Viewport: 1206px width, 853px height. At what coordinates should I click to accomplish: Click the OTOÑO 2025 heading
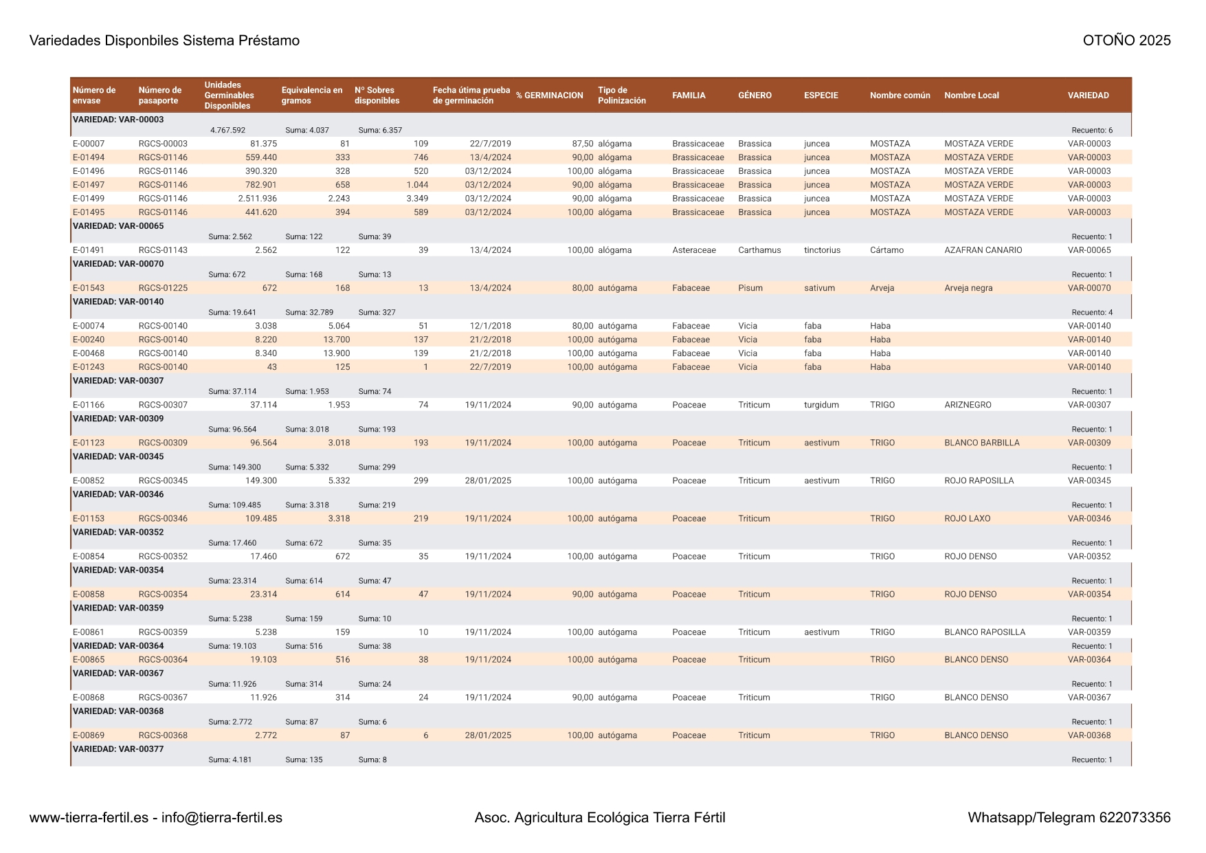click(x=1126, y=41)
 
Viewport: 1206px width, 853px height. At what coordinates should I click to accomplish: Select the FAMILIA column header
click(x=689, y=96)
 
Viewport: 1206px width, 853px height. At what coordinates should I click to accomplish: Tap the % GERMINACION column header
click(x=549, y=96)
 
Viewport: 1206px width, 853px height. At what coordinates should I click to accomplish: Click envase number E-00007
click(x=89, y=144)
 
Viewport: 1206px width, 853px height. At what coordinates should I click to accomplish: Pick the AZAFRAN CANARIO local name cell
click(x=983, y=250)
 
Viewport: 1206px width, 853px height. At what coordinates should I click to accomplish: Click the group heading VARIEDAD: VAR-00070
click(x=118, y=264)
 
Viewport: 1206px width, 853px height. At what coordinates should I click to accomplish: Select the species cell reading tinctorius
click(x=822, y=250)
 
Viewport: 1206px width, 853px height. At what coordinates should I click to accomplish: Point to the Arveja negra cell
click(x=968, y=288)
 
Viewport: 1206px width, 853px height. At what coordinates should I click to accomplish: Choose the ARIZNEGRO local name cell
click(x=968, y=405)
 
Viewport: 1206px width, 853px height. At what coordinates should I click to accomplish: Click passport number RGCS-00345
click(x=163, y=480)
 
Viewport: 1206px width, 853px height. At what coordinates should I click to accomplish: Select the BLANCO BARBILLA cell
click(x=981, y=443)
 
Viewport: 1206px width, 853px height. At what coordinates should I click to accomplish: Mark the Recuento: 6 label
click(x=1091, y=131)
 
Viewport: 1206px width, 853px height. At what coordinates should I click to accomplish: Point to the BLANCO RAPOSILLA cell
click(x=984, y=632)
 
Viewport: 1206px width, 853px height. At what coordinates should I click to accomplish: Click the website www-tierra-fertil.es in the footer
click(x=89, y=817)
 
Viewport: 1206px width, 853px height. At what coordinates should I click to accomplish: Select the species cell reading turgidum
click(x=821, y=405)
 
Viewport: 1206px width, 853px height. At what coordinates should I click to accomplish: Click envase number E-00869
click(x=89, y=735)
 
